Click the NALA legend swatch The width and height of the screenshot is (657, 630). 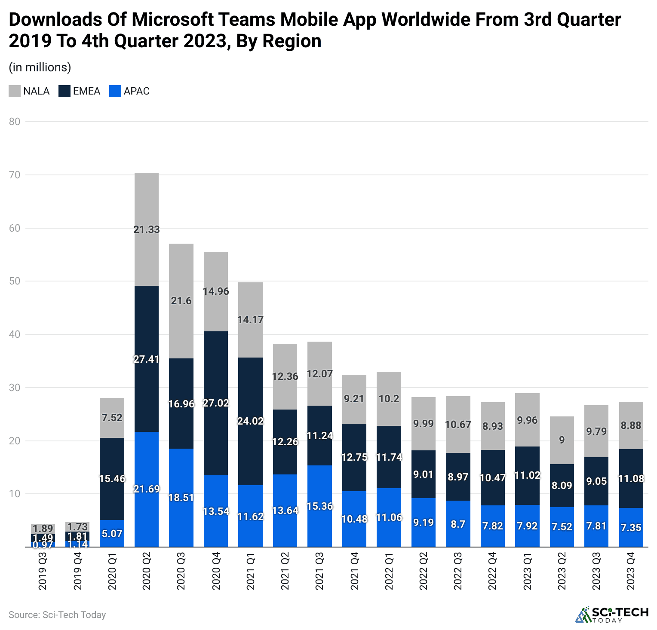coord(15,91)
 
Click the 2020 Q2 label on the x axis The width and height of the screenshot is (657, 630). coord(146,572)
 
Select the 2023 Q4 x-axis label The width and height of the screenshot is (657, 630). coord(631,572)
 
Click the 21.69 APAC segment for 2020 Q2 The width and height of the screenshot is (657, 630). coord(146,489)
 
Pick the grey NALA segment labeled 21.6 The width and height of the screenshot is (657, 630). coord(181,301)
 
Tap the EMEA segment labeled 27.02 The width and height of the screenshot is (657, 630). coord(215,403)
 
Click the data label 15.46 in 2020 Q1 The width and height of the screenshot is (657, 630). coord(112,478)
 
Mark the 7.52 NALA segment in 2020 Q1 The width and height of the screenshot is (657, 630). coord(112,418)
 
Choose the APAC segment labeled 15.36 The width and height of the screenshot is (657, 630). coord(319,506)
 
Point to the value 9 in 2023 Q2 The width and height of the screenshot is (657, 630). coord(562,440)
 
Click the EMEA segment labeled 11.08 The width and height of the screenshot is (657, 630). coord(631,478)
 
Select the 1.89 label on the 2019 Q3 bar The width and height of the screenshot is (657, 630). coord(43,528)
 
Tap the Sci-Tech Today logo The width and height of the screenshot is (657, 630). coord(611,615)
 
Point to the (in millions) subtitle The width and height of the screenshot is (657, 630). coord(40,67)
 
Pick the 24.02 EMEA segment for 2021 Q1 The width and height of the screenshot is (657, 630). coord(250,421)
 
